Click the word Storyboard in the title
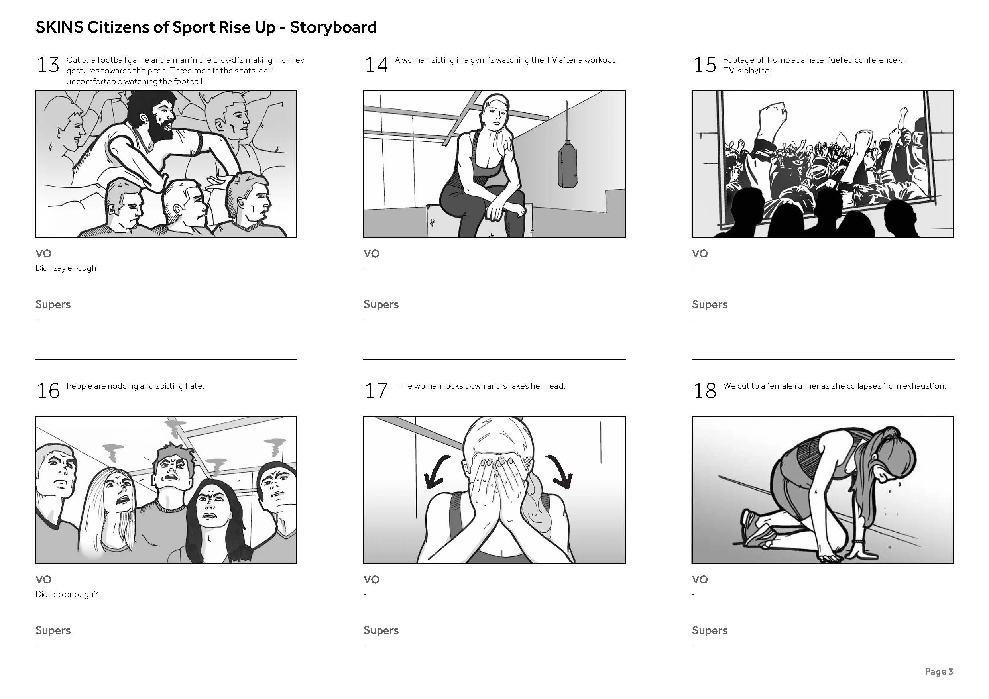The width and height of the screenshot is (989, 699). click(333, 27)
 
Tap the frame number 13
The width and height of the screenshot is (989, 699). click(48, 65)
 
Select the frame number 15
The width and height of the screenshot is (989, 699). click(705, 65)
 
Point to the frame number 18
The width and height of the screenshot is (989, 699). click(705, 391)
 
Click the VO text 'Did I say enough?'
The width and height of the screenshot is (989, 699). click(68, 268)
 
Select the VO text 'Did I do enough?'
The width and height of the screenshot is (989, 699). click(67, 594)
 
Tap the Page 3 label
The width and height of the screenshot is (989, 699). click(939, 672)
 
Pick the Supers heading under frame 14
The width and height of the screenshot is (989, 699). click(381, 305)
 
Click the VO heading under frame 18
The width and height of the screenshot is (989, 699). click(700, 580)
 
